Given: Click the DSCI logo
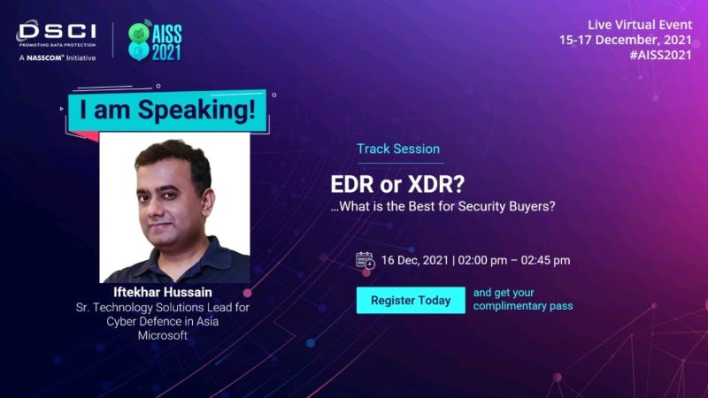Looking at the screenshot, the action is tap(57, 41).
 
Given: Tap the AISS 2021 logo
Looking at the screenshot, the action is tap(155, 41).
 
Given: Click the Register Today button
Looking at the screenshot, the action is tap(411, 300).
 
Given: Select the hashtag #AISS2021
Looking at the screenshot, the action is tap(660, 55).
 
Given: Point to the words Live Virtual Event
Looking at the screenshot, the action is tap(640, 25).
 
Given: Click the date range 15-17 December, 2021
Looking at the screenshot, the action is tap(626, 40).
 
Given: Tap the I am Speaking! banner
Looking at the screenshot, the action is tap(167, 111).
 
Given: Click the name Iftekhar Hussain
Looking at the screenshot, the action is tap(163, 292).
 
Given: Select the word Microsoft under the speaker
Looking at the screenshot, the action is tap(163, 335).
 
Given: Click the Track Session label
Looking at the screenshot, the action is tap(398, 149).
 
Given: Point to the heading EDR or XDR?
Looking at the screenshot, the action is tap(397, 184).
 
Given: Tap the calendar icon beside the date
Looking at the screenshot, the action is tap(366, 261).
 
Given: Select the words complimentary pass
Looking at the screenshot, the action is tap(523, 306).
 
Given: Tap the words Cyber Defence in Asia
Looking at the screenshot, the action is tap(163, 321).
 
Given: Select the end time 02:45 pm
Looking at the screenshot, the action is tap(545, 260).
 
